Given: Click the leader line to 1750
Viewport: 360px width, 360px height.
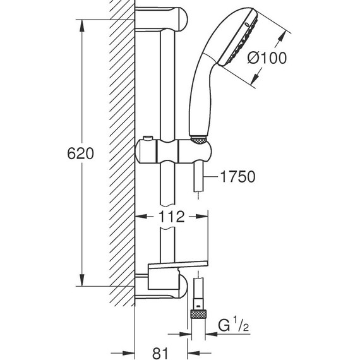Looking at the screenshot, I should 211,178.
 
